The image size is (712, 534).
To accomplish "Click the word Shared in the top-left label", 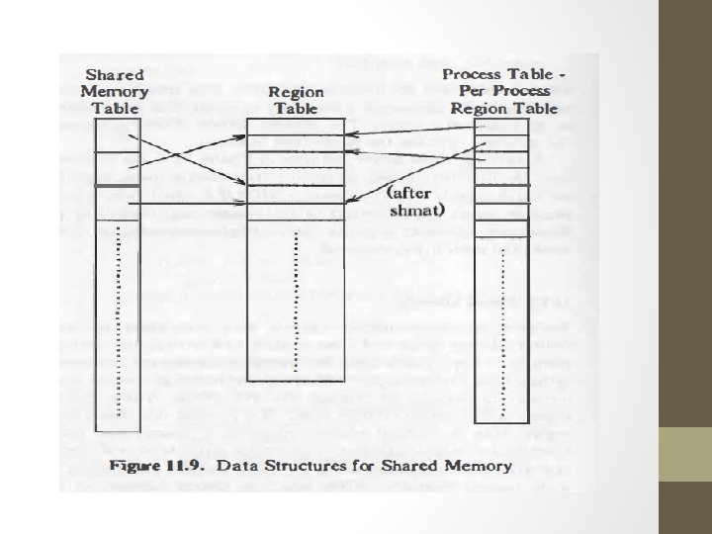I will coord(116,74).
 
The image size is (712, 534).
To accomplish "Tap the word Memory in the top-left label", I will coord(116,91).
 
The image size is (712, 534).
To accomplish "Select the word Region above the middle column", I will coord(296,91).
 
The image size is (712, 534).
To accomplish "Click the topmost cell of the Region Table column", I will coord(296,126).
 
